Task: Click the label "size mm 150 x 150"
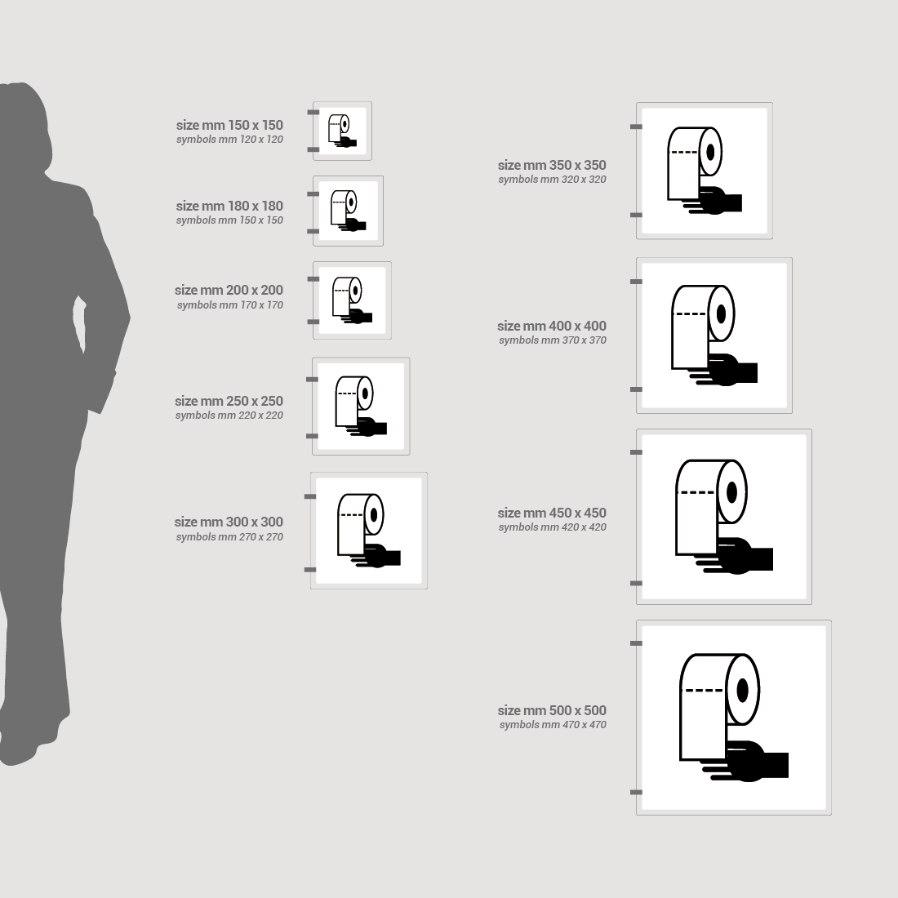[x=229, y=125]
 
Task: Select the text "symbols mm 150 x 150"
[x=229, y=220]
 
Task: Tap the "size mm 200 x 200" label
[x=229, y=291]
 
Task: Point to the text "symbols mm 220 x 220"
[x=229, y=416]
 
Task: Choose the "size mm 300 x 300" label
[x=229, y=522]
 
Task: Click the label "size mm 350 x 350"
[x=552, y=165]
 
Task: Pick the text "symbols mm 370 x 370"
[x=553, y=340]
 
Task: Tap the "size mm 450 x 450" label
[x=552, y=513]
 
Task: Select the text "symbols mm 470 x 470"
[x=553, y=724]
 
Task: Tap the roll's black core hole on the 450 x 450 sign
[x=731, y=492]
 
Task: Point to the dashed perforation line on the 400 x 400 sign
[x=691, y=313]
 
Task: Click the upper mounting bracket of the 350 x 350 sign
[x=636, y=127]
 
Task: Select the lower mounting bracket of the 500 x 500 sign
[x=636, y=793]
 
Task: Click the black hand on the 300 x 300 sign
[x=377, y=556]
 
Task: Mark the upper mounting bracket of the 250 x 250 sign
[x=312, y=380]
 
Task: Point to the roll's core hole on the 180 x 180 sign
[x=351, y=202]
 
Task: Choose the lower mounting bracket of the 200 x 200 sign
[x=313, y=322]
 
